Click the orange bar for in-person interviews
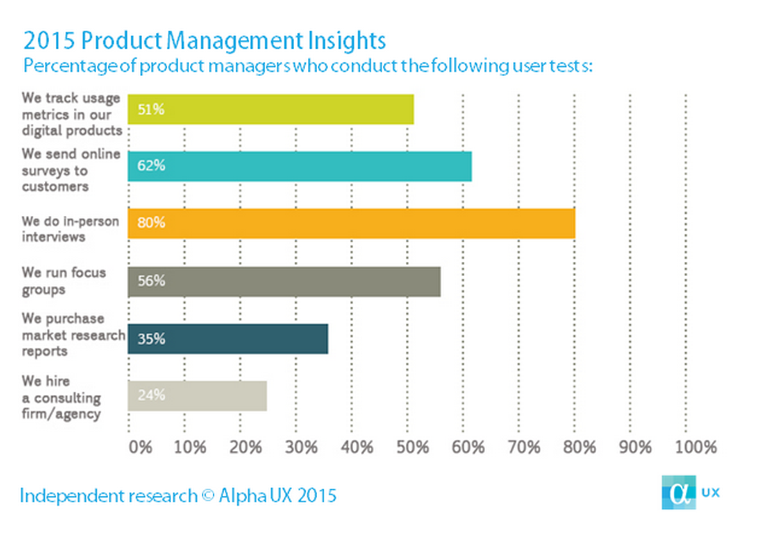click(x=351, y=223)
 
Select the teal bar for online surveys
click(x=300, y=166)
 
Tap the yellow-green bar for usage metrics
click(x=270, y=110)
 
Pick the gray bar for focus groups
click(x=284, y=281)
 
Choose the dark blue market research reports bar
click(x=228, y=338)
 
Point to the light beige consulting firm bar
click(x=197, y=395)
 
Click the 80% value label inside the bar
click(x=151, y=223)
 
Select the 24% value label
click(x=151, y=395)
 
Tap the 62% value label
click(x=151, y=166)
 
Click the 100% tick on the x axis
click(x=696, y=447)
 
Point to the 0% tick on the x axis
click(x=140, y=447)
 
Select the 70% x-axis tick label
click(x=524, y=447)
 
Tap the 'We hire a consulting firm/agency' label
click(x=61, y=397)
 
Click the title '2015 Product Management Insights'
click(x=205, y=40)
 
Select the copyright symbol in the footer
click(x=208, y=496)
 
